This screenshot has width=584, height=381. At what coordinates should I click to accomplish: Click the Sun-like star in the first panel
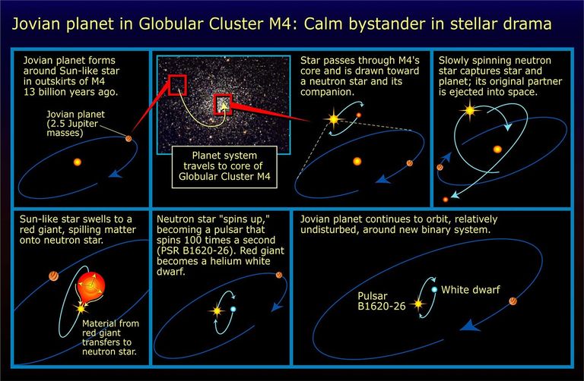point(77,162)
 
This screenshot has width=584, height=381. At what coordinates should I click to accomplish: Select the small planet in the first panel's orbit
point(129,138)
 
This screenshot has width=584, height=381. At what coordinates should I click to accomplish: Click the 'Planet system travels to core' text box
point(226,165)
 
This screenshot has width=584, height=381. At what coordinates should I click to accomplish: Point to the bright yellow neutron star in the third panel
point(332,118)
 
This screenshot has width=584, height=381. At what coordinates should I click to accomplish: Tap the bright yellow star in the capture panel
point(470,111)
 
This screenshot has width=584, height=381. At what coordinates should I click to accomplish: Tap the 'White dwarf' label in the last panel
point(472,289)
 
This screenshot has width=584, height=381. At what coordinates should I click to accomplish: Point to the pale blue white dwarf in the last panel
point(433,289)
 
